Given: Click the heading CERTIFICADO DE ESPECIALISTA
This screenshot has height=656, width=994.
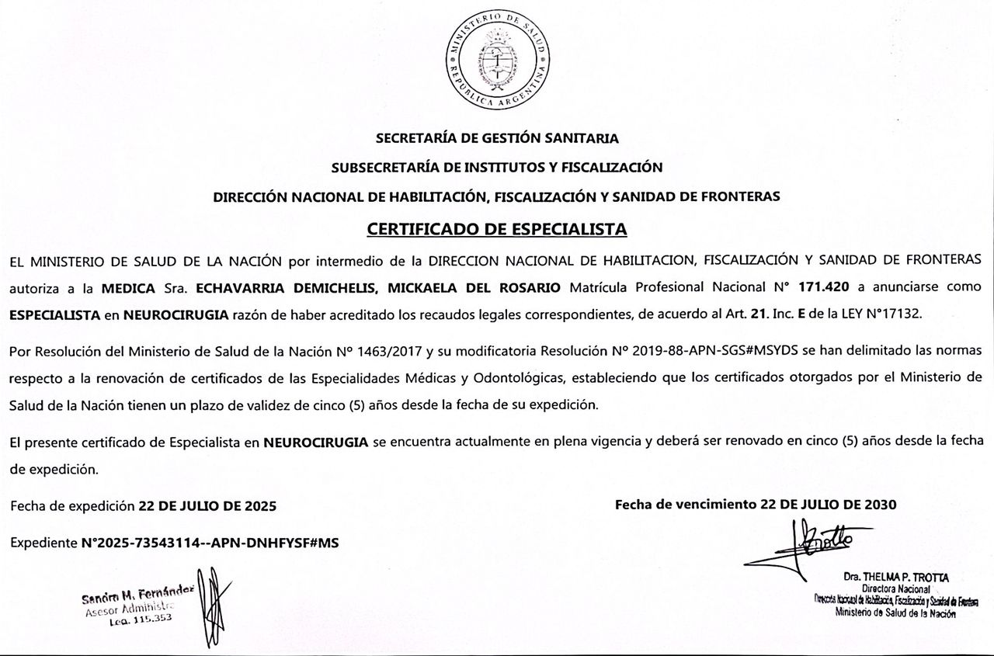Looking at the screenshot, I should tap(497, 230).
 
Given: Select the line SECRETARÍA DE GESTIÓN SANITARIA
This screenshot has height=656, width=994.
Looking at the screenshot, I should tap(497, 139).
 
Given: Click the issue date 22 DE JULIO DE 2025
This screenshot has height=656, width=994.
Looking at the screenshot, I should tap(207, 506).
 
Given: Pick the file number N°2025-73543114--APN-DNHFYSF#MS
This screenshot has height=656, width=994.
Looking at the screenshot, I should tap(210, 543).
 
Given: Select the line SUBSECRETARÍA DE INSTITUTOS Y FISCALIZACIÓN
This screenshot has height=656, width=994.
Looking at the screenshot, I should tap(497, 167).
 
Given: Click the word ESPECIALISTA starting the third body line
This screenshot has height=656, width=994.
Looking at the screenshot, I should tap(55, 314).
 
